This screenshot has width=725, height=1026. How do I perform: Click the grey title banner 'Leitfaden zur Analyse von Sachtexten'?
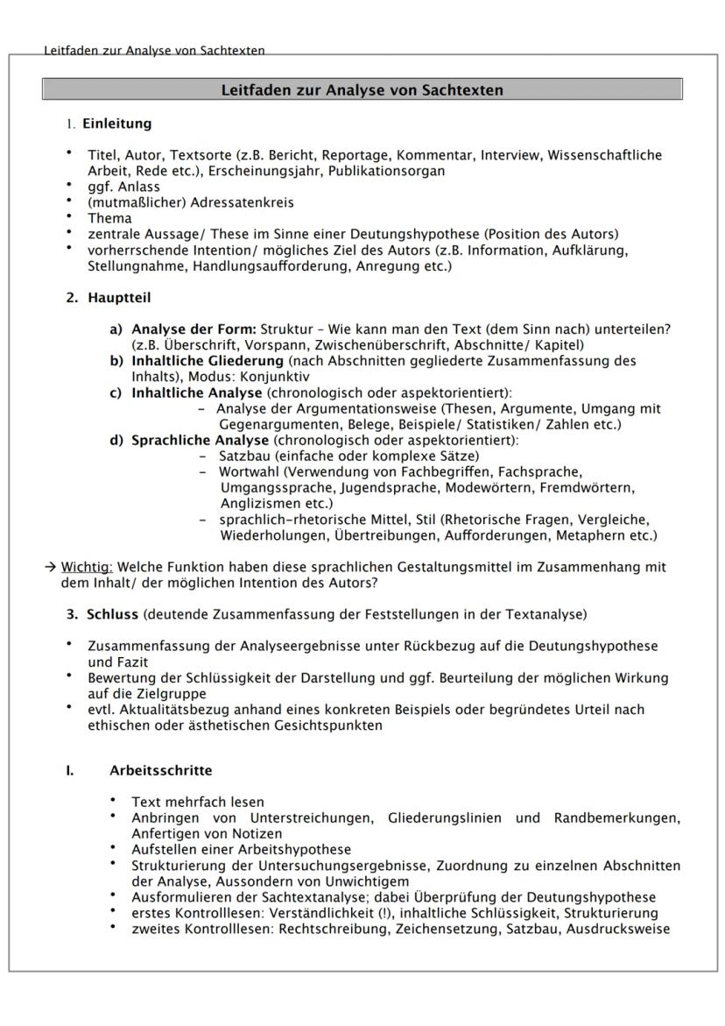(x=362, y=89)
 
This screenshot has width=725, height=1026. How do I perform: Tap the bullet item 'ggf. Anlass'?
(x=123, y=187)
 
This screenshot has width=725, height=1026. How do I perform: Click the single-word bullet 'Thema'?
(x=109, y=218)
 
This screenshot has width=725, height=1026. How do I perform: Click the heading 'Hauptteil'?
(x=119, y=298)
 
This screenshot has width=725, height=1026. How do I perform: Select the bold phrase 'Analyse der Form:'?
(x=194, y=329)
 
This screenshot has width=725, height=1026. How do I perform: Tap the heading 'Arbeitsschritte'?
(x=160, y=771)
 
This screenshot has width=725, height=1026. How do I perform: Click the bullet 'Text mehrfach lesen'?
(x=197, y=802)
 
